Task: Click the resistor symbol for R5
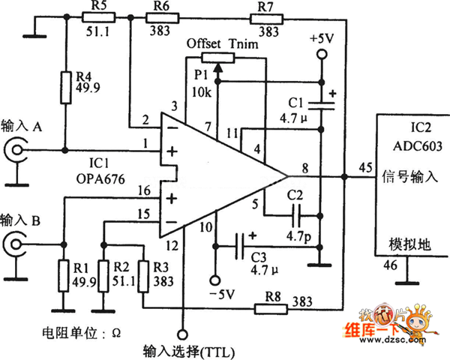tap(96, 18)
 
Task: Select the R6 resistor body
tap(160, 18)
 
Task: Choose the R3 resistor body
tap(142, 275)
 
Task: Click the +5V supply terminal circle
tap(320, 53)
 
